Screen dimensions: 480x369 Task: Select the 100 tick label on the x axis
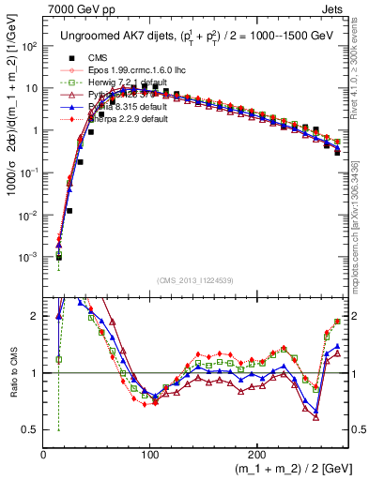point(149,455)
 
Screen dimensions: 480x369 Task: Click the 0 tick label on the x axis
point(44,455)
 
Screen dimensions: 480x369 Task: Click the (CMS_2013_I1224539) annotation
point(195,279)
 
